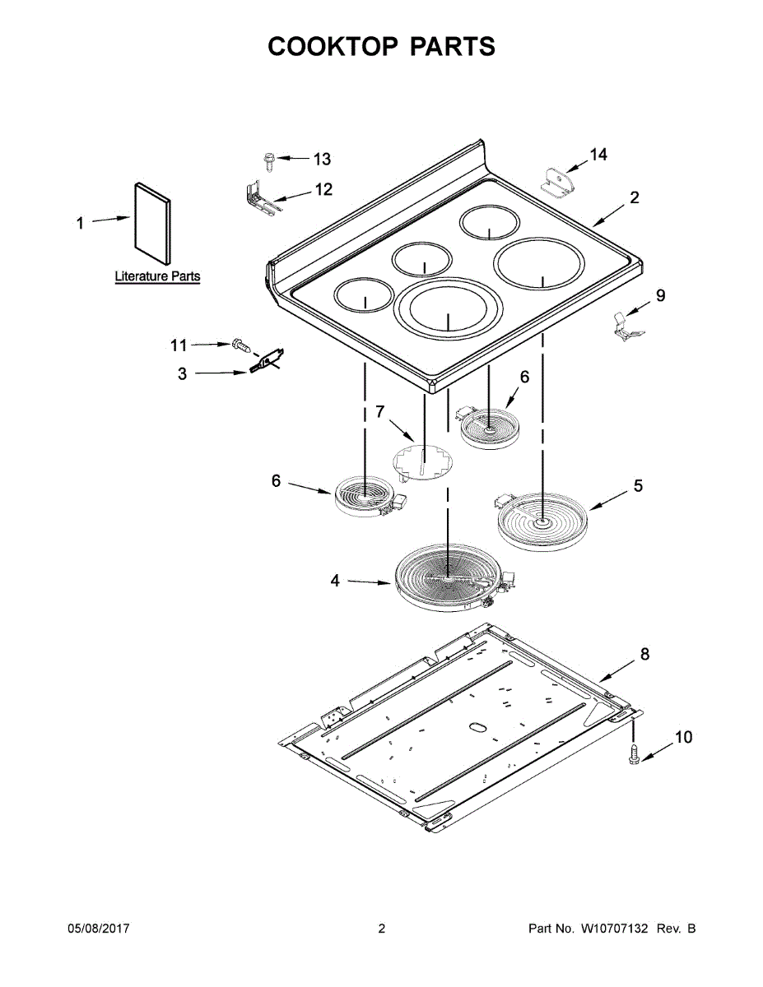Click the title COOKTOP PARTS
point(381,47)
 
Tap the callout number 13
point(321,159)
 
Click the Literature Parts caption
point(157,276)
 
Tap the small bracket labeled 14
point(558,181)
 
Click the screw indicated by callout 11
point(241,345)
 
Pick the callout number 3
point(182,374)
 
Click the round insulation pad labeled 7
point(422,461)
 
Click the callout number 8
point(644,654)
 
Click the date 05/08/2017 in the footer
point(98,929)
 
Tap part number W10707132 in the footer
point(615,929)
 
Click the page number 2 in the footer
point(381,929)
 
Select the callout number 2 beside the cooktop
point(635,197)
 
